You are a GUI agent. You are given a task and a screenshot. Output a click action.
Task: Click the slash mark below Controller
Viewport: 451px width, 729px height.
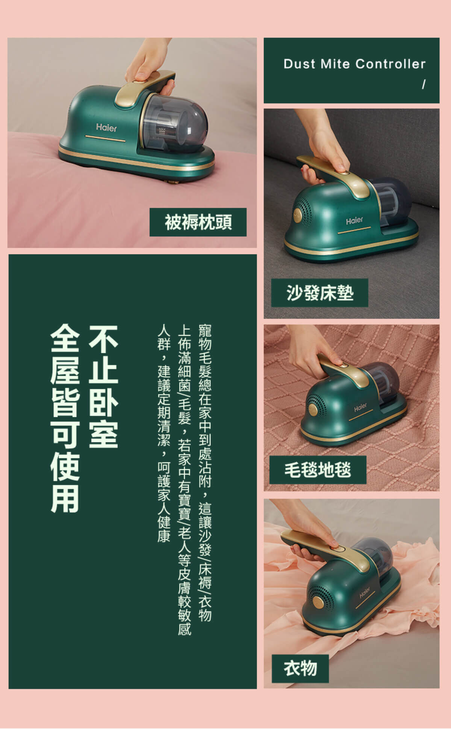[x=424, y=85]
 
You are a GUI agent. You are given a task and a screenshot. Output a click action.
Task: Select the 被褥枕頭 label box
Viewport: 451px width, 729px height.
[x=198, y=222]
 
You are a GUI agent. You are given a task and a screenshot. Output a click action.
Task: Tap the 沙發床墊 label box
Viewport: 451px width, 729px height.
[x=319, y=293]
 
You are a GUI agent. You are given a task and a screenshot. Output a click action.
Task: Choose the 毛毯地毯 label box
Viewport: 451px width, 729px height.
[x=318, y=470]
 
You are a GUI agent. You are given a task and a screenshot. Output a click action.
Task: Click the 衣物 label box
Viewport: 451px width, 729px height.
[x=300, y=668]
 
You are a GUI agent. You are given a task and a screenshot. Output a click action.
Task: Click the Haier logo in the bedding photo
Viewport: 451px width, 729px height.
[x=106, y=128]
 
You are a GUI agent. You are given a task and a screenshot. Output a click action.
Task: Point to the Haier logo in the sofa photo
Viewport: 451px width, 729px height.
[x=354, y=220]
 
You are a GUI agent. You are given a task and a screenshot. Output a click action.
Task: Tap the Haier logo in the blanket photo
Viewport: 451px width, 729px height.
[x=360, y=407]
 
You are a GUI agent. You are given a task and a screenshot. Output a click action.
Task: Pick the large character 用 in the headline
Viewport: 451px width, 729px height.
[x=65, y=498]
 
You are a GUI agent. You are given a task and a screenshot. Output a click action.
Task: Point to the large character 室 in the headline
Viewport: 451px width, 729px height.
[x=103, y=433]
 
